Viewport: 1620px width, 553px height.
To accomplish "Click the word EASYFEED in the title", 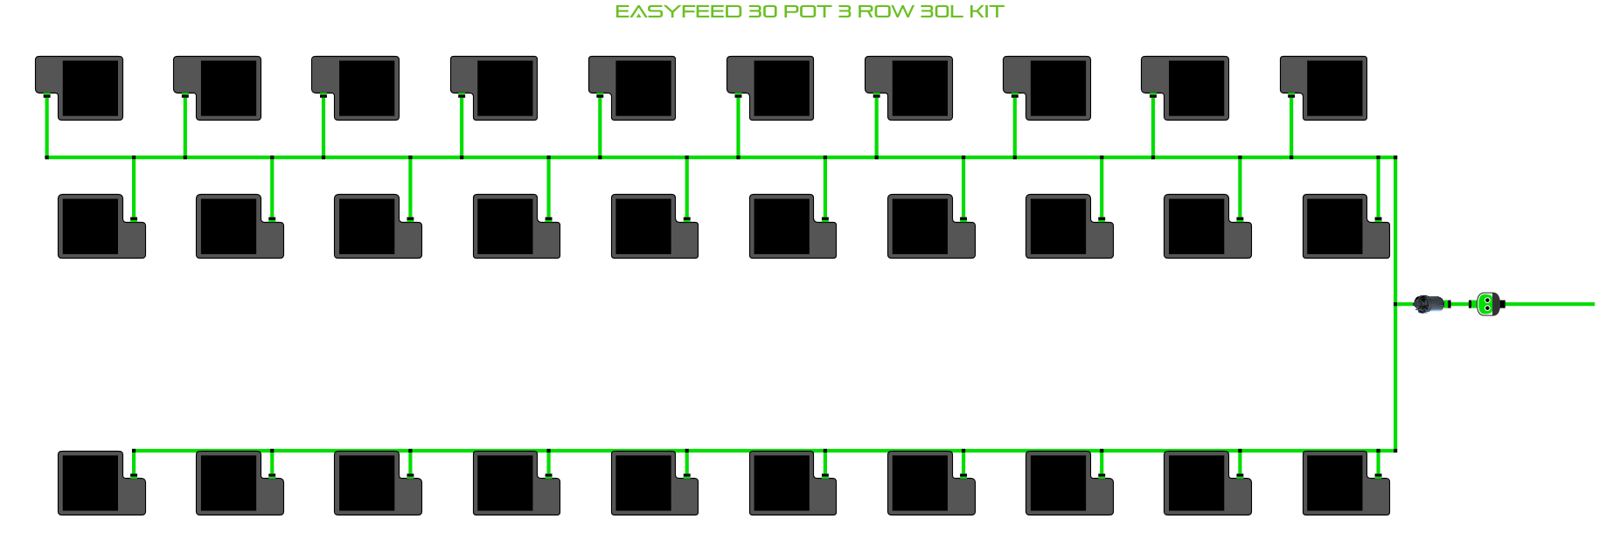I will pyautogui.click(x=678, y=12).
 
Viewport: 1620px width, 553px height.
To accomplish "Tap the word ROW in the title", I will pyautogui.click(x=886, y=12).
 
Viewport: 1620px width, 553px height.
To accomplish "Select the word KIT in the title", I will pyautogui.click(x=986, y=12).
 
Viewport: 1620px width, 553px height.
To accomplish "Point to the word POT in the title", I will pyautogui.click(x=807, y=12).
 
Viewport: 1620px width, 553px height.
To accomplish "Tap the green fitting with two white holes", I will pyautogui.click(x=1486, y=304).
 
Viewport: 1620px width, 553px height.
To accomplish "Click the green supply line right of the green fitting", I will pyautogui.click(x=1552, y=304).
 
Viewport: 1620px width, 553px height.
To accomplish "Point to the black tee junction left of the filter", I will pyautogui.click(x=1395, y=304).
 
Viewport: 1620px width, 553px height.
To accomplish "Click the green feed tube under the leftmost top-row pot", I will pyautogui.click(x=46, y=127).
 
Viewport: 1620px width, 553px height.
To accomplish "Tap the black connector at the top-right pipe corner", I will pyautogui.click(x=1395, y=157).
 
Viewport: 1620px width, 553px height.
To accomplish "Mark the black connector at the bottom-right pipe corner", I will pyautogui.click(x=1395, y=451).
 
